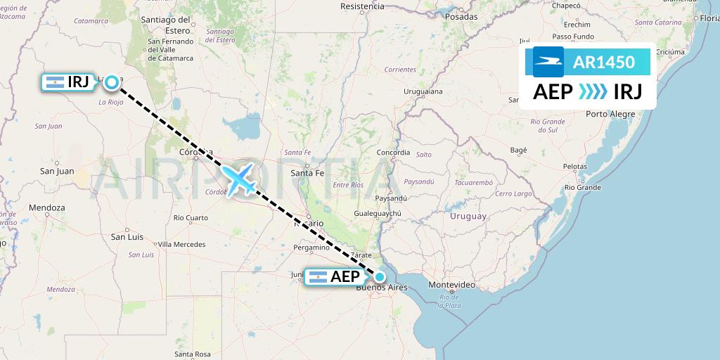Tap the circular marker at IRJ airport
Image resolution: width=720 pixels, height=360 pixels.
point(112,83)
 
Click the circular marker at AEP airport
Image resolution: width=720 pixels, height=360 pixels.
point(380,276)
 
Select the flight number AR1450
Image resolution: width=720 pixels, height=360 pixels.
point(604,62)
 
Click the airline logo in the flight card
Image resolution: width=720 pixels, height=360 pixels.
point(548,62)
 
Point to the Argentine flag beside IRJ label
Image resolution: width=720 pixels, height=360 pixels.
point(54,83)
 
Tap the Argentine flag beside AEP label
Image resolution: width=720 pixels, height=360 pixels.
point(317,277)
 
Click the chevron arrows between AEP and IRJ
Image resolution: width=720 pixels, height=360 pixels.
point(593,92)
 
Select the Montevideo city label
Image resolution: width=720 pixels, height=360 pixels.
point(452,285)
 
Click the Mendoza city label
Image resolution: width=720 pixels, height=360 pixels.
point(47,208)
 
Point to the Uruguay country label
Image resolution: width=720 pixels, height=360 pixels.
point(468,216)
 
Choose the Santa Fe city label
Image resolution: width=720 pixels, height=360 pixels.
point(307,173)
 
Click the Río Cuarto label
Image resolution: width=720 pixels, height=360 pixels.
point(191,218)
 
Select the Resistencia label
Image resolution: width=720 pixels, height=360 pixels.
point(362,6)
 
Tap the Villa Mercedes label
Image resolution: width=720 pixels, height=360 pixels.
point(181,244)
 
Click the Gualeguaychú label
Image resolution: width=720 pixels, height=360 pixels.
point(378,213)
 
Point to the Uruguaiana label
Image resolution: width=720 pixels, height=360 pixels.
point(423,92)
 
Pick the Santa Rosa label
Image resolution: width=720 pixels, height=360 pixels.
point(193,354)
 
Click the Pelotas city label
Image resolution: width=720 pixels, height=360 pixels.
point(574,167)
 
